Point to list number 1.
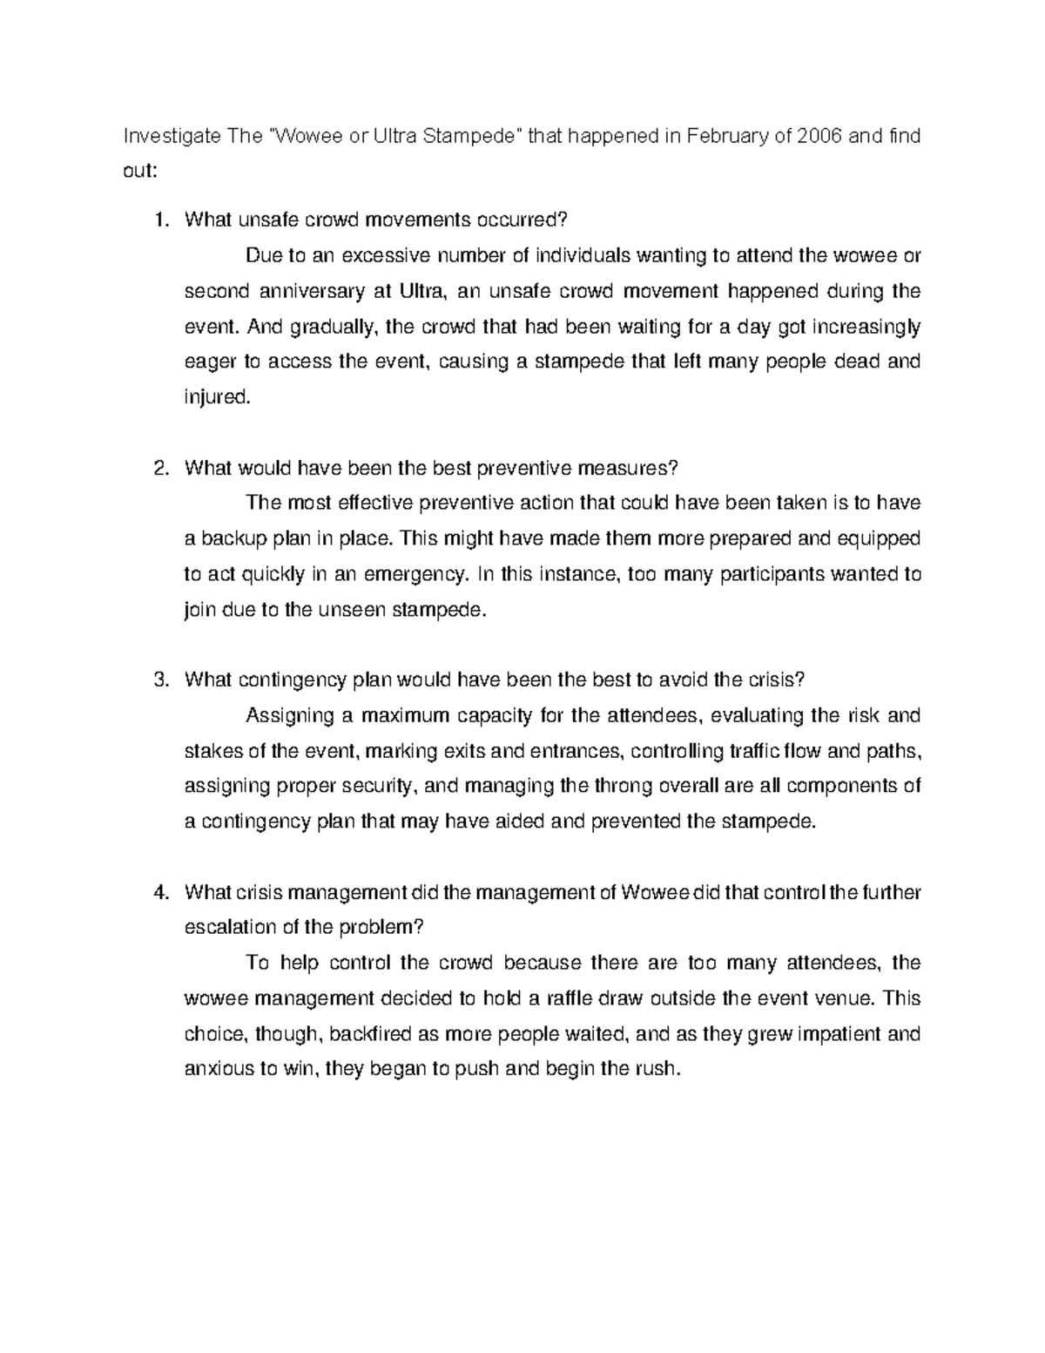coord(158,220)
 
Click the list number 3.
coord(158,680)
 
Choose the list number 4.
coord(158,892)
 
